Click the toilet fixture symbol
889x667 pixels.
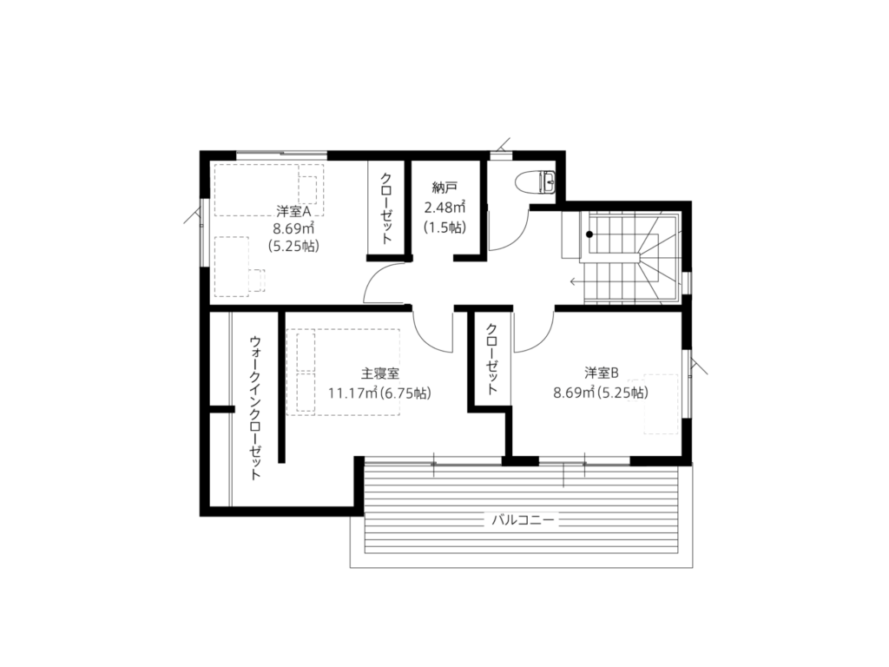point(537,182)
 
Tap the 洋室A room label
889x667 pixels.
point(293,212)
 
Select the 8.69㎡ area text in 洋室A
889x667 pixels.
point(293,228)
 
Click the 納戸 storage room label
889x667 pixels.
point(444,188)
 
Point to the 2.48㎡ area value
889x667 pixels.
point(445,207)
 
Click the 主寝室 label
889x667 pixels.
point(380,373)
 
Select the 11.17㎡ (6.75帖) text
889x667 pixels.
point(379,393)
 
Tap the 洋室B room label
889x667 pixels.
point(601,373)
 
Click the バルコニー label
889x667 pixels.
point(522,519)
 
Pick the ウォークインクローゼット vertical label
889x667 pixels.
point(256,408)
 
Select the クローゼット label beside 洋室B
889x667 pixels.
point(491,359)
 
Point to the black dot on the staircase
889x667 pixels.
point(589,234)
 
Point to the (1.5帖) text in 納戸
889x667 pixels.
point(445,228)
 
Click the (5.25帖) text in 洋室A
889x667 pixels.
point(293,246)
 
